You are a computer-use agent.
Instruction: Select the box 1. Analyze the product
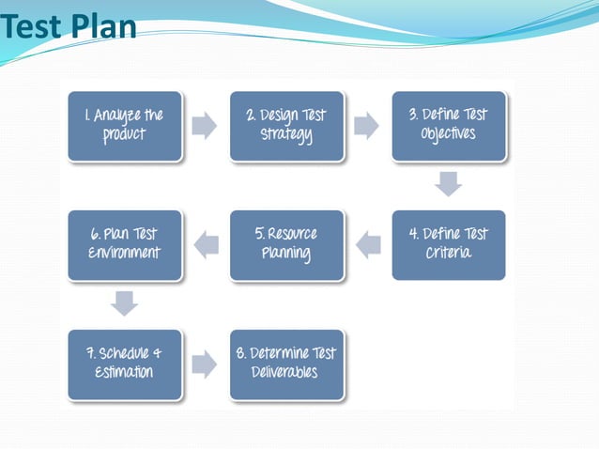pyautogui.click(x=124, y=126)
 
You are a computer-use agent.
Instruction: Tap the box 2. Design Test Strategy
pyautogui.click(x=286, y=126)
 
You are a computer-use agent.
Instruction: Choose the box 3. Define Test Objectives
pyautogui.click(x=449, y=126)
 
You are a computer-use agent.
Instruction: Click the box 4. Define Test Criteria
pyautogui.click(x=449, y=244)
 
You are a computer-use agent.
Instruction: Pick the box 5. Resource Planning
pyautogui.click(x=286, y=244)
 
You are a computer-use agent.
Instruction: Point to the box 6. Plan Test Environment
pyautogui.click(x=124, y=244)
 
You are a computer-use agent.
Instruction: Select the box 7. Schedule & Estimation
pyautogui.click(x=124, y=363)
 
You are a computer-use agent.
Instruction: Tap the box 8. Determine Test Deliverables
pyautogui.click(x=286, y=363)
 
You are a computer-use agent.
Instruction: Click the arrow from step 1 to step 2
pyautogui.click(x=205, y=126)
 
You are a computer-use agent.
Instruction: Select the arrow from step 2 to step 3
pyautogui.click(x=367, y=126)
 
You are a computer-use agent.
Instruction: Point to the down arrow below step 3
pyautogui.click(x=449, y=184)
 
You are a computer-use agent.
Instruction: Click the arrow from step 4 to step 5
pyautogui.click(x=367, y=245)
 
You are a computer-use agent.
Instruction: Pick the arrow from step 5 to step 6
pyautogui.click(x=205, y=245)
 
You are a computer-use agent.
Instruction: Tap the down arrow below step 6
pyautogui.click(x=124, y=303)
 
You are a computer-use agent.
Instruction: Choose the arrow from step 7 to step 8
pyautogui.click(x=205, y=364)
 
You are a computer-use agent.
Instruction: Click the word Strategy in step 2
pyautogui.click(x=286, y=135)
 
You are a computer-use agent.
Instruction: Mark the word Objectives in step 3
pyautogui.click(x=449, y=135)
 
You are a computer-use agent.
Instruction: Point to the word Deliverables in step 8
pyautogui.click(x=286, y=372)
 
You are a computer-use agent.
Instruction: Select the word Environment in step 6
pyautogui.click(x=124, y=254)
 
